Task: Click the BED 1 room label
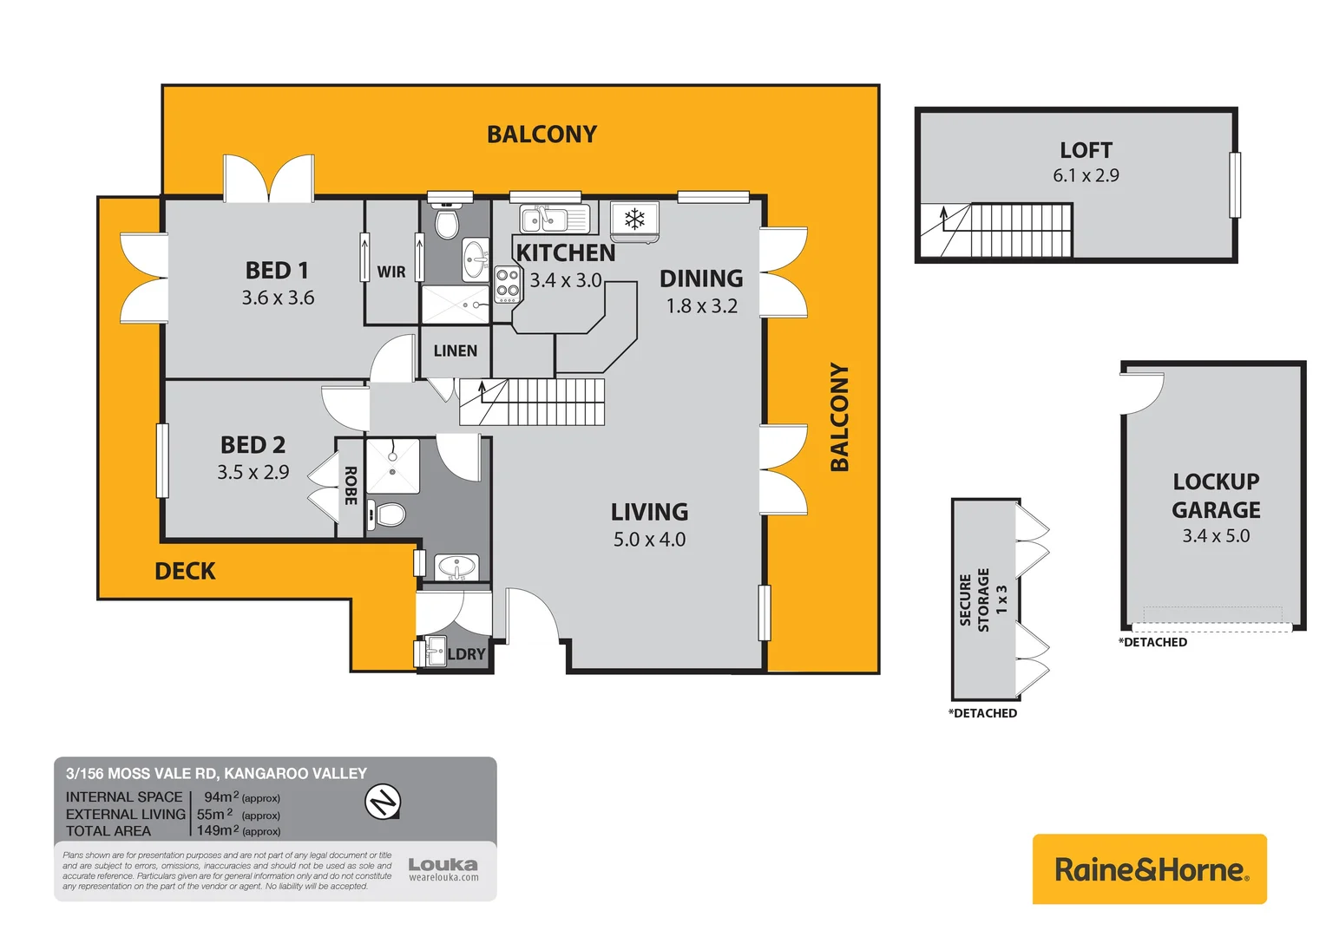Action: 277,271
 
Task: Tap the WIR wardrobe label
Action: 391,272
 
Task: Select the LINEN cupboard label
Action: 455,351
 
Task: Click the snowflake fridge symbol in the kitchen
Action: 634,218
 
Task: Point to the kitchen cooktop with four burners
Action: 507,284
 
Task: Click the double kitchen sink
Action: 543,220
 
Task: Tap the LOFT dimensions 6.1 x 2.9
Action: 1086,175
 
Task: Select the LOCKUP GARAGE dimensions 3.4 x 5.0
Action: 1216,536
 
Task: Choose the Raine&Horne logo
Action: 1150,869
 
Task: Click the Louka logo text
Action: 443,865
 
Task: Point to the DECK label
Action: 185,571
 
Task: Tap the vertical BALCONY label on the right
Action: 839,416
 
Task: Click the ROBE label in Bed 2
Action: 351,486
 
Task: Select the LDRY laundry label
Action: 466,654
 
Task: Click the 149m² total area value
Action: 218,830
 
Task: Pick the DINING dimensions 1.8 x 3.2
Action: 701,306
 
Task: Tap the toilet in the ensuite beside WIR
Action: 446,223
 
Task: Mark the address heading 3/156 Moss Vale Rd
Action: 216,773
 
